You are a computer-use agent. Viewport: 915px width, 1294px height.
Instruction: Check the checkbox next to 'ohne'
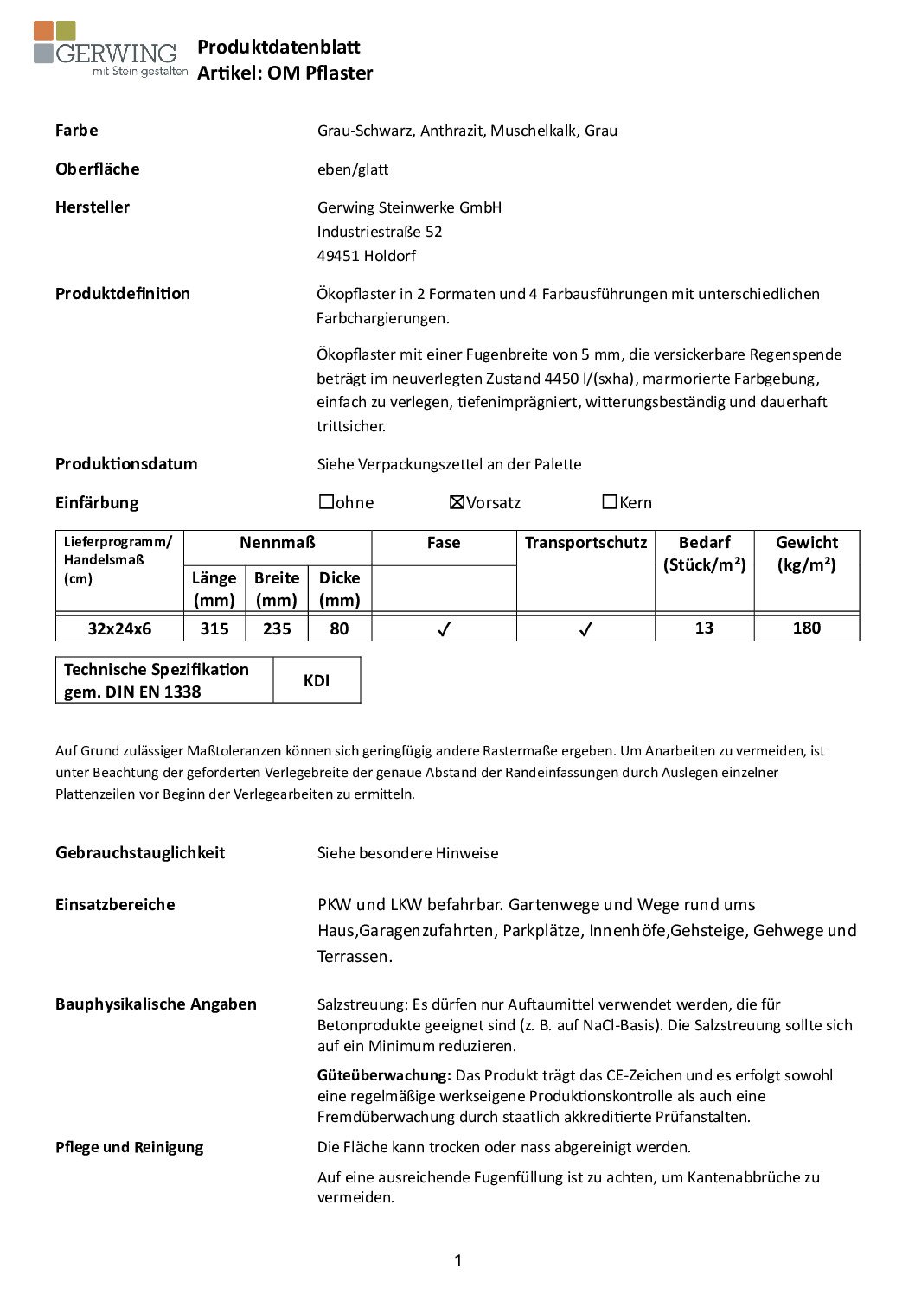[326, 502]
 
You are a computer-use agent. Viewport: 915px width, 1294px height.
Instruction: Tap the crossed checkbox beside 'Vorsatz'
[457, 502]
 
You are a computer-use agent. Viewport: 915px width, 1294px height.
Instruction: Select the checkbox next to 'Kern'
[610, 502]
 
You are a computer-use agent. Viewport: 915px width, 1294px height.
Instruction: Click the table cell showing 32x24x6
[119, 628]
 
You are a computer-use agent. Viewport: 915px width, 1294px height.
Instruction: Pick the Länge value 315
[214, 628]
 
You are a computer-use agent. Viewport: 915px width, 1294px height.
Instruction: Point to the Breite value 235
[277, 628]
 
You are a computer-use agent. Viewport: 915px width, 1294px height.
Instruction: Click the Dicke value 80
[339, 628]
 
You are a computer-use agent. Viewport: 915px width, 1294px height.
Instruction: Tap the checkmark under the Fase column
[444, 629]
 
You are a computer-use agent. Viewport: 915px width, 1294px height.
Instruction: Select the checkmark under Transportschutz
[585, 629]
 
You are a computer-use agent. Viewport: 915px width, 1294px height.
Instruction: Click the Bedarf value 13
[704, 628]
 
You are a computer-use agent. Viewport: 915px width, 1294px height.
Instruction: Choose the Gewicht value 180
[806, 628]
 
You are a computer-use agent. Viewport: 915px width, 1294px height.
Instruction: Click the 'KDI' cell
[317, 680]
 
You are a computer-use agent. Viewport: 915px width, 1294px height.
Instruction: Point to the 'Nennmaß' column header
[278, 543]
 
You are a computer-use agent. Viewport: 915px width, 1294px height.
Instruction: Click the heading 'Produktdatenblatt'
[278, 47]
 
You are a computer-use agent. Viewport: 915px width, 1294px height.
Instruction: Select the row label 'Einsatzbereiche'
[115, 904]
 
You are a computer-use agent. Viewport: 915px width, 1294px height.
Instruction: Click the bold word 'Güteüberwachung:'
[384, 1075]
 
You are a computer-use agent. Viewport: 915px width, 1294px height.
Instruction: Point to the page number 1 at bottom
[457, 1261]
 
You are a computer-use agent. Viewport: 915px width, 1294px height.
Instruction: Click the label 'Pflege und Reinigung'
[130, 1147]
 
